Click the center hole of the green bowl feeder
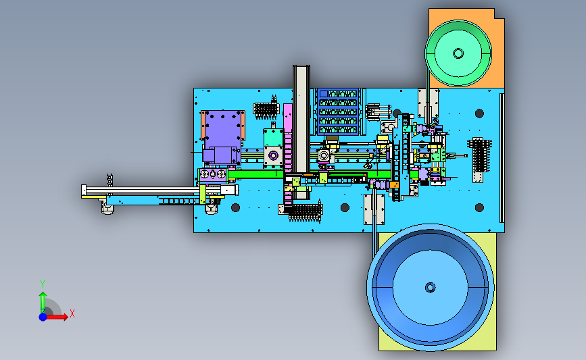(x=458, y=53)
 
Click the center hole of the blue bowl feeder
(x=430, y=288)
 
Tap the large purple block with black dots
(x=223, y=129)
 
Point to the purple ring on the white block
(x=273, y=155)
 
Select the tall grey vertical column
(x=301, y=119)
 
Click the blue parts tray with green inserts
(x=338, y=111)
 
